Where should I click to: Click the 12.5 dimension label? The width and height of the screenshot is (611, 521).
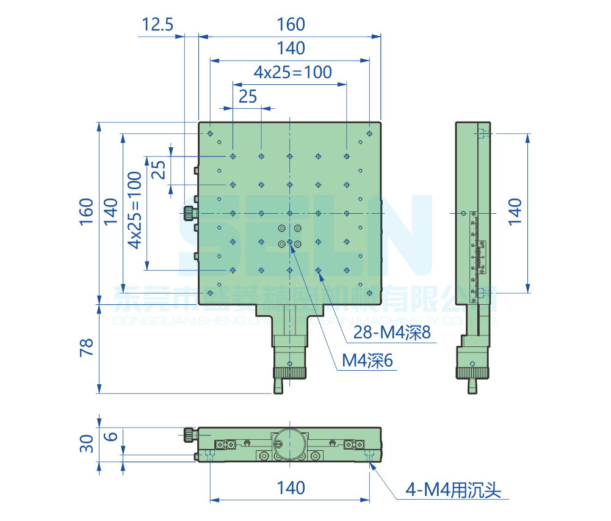tap(157, 24)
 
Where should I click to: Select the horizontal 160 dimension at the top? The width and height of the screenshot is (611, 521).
tap(291, 24)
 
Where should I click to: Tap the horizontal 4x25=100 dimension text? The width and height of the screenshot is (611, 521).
tap(293, 72)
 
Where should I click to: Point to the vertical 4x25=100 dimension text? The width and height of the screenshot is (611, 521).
tap(134, 209)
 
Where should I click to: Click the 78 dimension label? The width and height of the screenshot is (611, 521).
tap(86, 347)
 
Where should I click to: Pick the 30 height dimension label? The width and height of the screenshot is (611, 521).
tap(86, 443)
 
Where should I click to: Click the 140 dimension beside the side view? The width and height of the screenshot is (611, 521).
tap(515, 211)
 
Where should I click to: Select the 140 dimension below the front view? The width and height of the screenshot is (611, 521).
tap(291, 487)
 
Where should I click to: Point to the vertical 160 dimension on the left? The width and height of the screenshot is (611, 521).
tap(86, 211)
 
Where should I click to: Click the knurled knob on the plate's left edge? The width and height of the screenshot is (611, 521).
tap(188, 213)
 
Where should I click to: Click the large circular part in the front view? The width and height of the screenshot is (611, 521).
tap(289, 441)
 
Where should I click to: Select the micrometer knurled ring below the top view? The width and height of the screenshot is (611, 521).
tap(289, 373)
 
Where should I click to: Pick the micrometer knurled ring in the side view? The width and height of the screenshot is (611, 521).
tap(472, 373)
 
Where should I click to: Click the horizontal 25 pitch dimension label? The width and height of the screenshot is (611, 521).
tap(247, 96)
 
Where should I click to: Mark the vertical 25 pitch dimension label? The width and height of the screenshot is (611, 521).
tap(158, 170)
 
